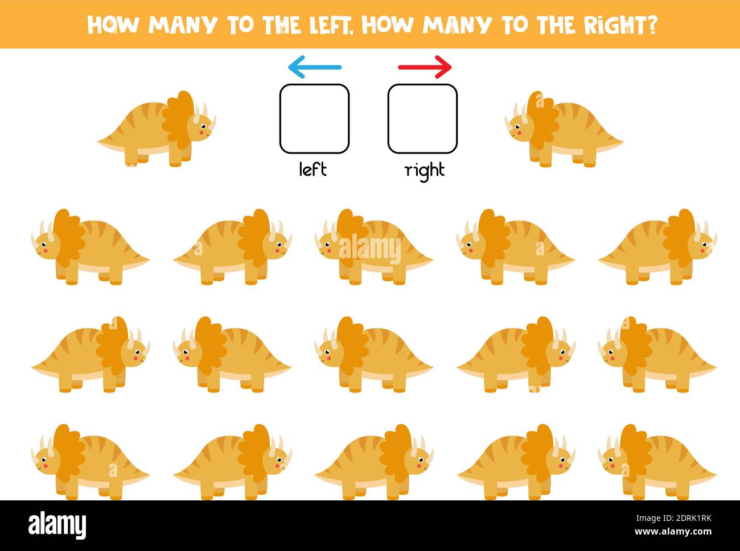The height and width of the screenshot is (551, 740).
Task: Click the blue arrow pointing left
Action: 315,67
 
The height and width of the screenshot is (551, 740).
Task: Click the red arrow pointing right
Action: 425,67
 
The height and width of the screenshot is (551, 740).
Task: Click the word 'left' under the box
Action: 313,169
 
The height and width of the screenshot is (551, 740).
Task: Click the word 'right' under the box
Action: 425,171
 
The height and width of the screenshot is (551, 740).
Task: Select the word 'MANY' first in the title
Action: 183,25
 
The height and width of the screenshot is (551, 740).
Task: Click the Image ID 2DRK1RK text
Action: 673,518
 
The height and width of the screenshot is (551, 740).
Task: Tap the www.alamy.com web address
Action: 673,532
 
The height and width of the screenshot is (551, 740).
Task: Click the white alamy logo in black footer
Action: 57,525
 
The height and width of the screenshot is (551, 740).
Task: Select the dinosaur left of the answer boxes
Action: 157,129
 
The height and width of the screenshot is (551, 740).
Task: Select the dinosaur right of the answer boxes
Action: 564,129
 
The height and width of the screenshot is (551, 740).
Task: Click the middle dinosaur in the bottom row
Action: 374,462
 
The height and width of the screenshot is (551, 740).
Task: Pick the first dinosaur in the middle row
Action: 91,354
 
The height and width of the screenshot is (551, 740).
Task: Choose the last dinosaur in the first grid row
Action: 657,247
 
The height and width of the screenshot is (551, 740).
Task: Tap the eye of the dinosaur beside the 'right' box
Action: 517,127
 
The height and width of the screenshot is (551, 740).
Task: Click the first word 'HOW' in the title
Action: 113,25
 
